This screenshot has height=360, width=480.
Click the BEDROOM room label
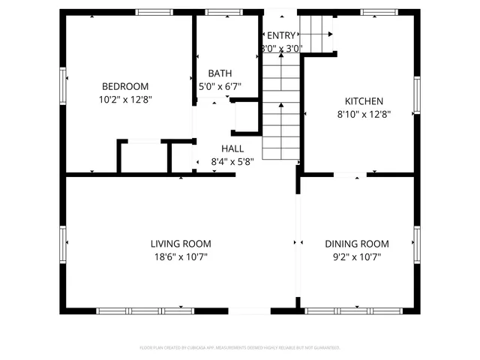pyautogui.click(x=125, y=86)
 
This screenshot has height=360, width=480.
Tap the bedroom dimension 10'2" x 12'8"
pyautogui.click(x=125, y=99)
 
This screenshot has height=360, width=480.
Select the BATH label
pyautogui.click(x=220, y=73)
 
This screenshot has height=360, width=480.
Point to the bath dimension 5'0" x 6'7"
pyautogui.click(x=220, y=86)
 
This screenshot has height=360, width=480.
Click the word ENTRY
pyautogui.click(x=281, y=35)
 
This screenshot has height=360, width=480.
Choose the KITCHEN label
pyautogui.click(x=364, y=101)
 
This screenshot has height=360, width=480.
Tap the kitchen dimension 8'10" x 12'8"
pyautogui.click(x=364, y=114)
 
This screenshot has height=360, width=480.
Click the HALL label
pyautogui.click(x=232, y=148)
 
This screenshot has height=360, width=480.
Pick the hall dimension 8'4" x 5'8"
pyautogui.click(x=232, y=161)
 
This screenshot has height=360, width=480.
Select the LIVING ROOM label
pyautogui.click(x=181, y=244)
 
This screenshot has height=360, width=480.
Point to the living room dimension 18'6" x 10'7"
pyautogui.click(x=181, y=256)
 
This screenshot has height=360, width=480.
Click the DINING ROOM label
pyautogui.click(x=357, y=244)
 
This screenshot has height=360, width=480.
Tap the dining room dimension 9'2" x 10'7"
pyautogui.click(x=357, y=256)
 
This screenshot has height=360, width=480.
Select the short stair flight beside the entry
pyautogui.click(x=316, y=33)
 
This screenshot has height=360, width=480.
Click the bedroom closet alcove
pyautogui.click(x=143, y=157)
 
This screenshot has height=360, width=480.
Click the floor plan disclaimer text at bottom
pyautogui.click(x=240, y=348)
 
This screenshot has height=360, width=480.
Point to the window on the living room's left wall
pyautogui.click(x=63, y=242)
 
